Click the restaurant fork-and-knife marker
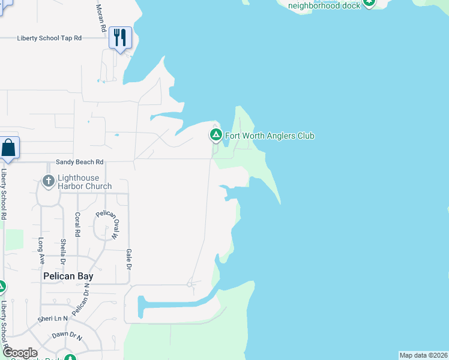pyautogui.click(x=120, y=38)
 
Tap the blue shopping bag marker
pyautogui.click(x=9, y=148)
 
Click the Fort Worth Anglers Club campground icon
pyautogui.click(x=215, y=136)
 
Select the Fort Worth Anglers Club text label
pyautogui.click(x=270, y=136)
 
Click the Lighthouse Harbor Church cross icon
pyautogui.click(x=49, y=180)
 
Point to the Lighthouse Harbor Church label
pyautogui.click(x=85, y=182)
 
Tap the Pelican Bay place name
pyautogui.click(x=66, y=277)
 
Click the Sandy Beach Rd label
pyautogui.click(x=80, y=162)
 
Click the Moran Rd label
pyautogui.click(x=101, y=19)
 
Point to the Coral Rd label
pyautogui.click(x=77, y=224)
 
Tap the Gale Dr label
pyautogui.click(x=128, y=259)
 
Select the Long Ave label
pyautogui.click(x=41, y=250)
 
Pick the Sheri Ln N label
pyautogui.click(x=53, y=319)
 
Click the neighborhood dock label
pyautogui.click(x=324, y=5)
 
